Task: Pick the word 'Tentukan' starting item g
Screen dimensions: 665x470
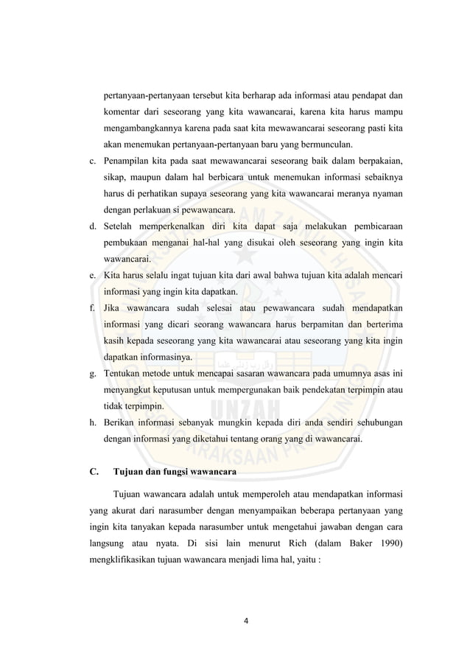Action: click(124, 373)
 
